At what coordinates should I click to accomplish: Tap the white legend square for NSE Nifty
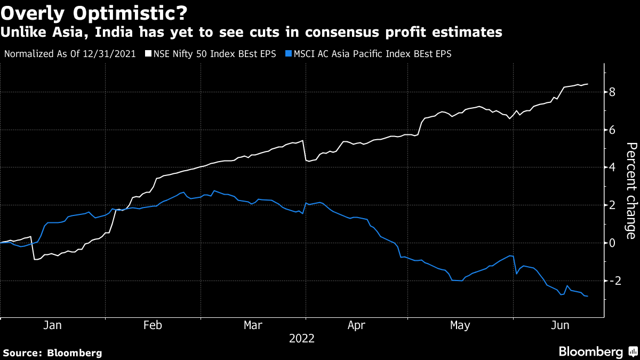click(148, 54)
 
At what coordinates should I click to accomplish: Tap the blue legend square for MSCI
click(289, 54)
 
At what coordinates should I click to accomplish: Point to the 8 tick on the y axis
click(612, 92)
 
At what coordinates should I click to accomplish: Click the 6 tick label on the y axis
click(612, 130)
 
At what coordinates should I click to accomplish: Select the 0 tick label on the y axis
click(612, 243)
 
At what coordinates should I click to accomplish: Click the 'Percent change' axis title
click(630, 191)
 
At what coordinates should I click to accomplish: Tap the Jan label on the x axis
click(52, 325)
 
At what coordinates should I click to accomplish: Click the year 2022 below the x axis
click(302, 339)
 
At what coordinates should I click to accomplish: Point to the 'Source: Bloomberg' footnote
click(52, 353)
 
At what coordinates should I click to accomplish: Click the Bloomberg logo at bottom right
click(597, 352)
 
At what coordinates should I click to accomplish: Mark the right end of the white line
click(588, 84)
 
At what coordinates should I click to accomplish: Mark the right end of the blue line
click(588, 296)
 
